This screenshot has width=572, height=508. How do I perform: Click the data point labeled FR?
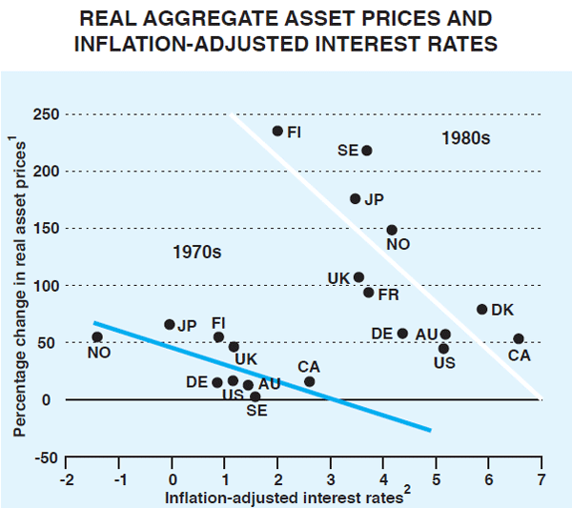(369, 292)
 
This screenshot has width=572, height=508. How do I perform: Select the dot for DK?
(482, 309)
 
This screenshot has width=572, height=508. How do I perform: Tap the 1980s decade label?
(465, 138)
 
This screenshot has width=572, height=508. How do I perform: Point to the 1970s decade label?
(196, 254)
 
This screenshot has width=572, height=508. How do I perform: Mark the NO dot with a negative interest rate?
(97, 336)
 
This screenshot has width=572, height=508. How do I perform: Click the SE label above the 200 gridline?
(348, 151)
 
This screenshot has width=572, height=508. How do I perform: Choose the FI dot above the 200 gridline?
(278, 131)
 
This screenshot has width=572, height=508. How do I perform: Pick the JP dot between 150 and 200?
(356, 198)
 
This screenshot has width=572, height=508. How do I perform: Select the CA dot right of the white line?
(519, 338)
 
